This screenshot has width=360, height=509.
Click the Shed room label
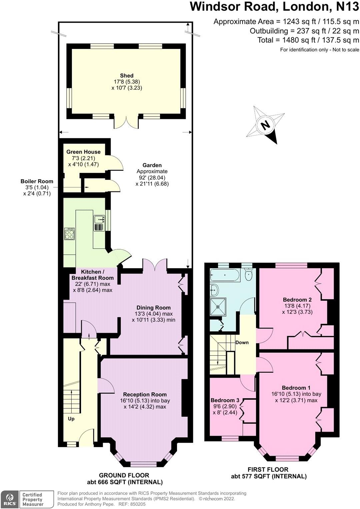[127, 76]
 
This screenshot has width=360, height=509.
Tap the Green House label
[83, 152]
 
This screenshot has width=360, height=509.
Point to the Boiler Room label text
[37, 181]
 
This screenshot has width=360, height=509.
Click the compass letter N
[265, 125]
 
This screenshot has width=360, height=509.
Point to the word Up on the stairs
[71, 419]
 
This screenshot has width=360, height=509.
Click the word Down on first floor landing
[242, 342]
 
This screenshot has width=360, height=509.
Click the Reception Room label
[145, 394]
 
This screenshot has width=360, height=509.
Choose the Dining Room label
[153, 308]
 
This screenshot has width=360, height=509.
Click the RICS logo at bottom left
[10, 499]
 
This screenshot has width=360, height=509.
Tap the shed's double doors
[126, 123]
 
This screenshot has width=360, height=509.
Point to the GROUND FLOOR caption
[124, 475]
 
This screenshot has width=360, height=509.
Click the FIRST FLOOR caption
[268, 469]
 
